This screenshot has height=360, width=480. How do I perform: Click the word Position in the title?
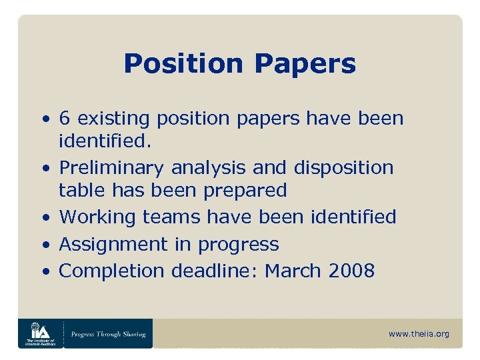[183, 64]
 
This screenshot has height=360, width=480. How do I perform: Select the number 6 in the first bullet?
[65, 119]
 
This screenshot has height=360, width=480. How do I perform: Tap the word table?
[79, 190]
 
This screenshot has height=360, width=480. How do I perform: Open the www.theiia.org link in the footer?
[419, 333]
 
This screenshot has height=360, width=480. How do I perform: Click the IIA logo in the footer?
[41, 333]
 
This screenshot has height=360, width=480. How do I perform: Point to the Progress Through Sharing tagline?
[109, 333]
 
